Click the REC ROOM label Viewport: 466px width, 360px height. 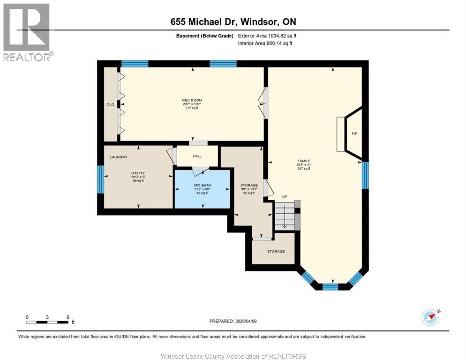tap(192, 100)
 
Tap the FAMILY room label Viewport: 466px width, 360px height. tap(303, 161)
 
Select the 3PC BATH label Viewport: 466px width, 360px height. tap(202, 185)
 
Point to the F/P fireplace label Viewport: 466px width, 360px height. tap(354, 134)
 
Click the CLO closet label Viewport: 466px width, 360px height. tap(110, 104)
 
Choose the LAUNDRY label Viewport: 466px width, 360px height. tap(119, 157)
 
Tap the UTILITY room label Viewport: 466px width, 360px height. tap(138, 173)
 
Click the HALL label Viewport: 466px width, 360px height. tap(197, 157)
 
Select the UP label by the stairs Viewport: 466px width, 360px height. tap(285, 196)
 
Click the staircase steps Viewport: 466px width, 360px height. tap(284, 216)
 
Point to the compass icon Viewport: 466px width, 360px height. tap(430, 317)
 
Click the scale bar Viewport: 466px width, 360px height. tap(48, 322)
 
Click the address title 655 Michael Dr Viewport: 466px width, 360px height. tap(233, 22)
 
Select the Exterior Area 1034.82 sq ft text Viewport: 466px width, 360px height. tap(267, 36)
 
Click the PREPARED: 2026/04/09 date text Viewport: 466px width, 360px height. tap(233, 321)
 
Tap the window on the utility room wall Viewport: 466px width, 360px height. tap(100, 179)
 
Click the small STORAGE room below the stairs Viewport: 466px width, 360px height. tap(276, 251)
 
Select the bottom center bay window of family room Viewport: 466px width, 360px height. tap(330, 286)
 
